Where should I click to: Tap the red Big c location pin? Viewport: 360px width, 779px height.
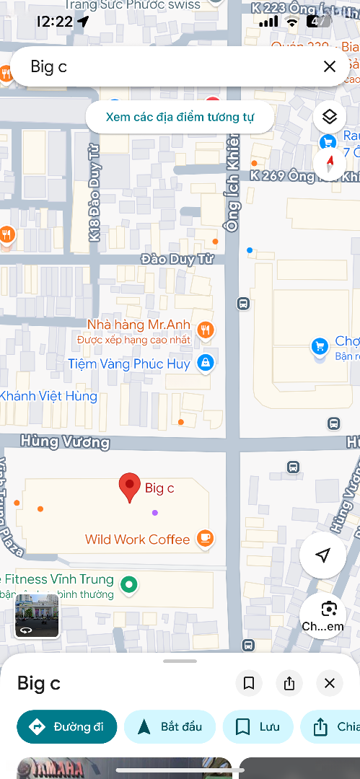(x=130, y=487)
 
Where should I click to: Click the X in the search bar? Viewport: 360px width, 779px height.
(x=330, y=66)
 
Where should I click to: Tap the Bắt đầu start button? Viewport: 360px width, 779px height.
(x=170, y=726)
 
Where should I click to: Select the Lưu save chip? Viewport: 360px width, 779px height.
(x=258, y=726)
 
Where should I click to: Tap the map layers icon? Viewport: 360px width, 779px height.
(x=330, y=117)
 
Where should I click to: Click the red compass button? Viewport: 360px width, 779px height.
(x=330, y=162)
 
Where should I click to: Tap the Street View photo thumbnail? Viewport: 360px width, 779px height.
(x=37, y=615)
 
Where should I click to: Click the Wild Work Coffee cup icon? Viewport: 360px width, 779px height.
(x=205, y=538)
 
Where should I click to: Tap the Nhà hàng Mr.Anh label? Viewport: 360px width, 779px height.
(x=139, y=325)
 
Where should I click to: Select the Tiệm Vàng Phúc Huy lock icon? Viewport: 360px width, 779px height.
(x=206, y=363)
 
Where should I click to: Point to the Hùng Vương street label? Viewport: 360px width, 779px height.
(x=65, y=441)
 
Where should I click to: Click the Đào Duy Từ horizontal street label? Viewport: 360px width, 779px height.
(x=177, y=259)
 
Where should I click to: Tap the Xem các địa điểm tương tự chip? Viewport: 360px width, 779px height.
(x=180, y=117)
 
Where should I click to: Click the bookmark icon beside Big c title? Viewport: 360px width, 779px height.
(x=249, y=683)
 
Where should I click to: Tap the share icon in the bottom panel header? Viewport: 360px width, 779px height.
(x=289, y=683)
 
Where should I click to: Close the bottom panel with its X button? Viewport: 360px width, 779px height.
(x=330, y=683)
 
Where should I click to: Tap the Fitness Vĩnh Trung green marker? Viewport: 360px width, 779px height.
(x=129, y=584)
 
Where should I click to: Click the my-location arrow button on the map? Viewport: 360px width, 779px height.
(x=322, y=555)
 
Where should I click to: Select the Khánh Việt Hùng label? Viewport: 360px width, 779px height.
(x=48, y=396)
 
